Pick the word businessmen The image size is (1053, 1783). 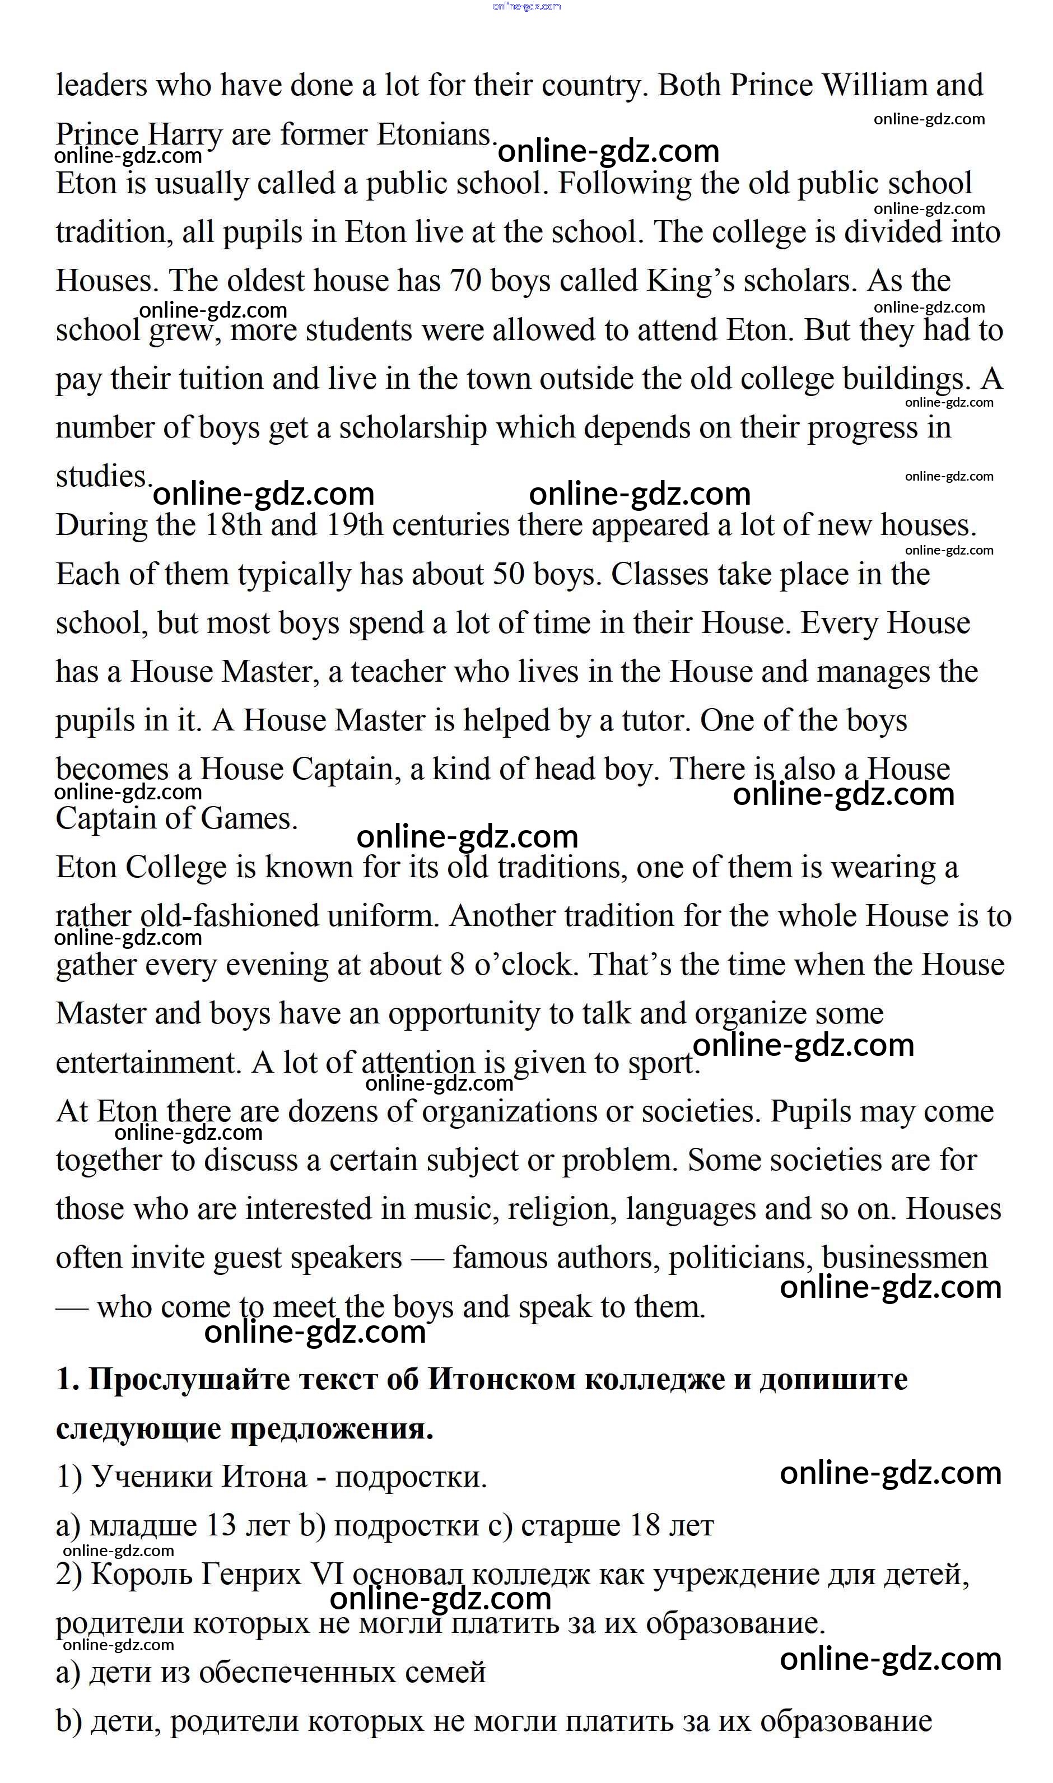[x=905, y=1259]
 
